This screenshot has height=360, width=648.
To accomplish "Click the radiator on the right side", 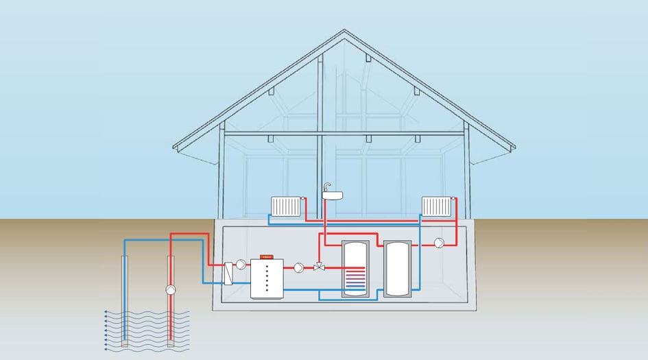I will (436, 206).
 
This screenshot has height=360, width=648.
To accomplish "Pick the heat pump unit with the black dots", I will (266, 278).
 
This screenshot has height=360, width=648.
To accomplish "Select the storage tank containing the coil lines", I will (355, 268).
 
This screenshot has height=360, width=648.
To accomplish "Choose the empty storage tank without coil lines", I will (398, 268).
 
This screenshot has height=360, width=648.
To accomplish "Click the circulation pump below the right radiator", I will (438, 242).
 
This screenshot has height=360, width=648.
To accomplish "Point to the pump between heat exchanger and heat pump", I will (242, 263).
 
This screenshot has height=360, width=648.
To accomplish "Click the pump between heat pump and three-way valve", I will (299, 268).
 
